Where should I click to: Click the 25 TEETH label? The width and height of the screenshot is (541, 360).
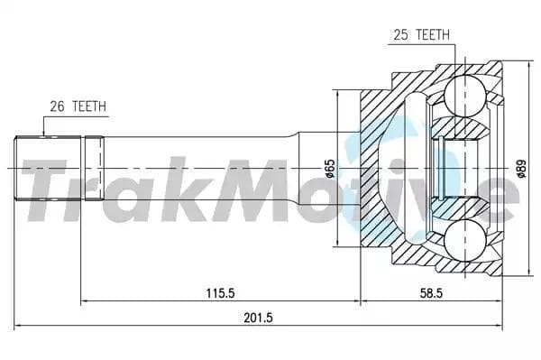pos(418,36)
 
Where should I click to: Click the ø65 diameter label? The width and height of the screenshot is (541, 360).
pos(330,169)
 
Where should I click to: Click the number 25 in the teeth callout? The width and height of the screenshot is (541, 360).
pos(400,36)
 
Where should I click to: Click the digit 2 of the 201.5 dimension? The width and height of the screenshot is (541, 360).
pos(246,318)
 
